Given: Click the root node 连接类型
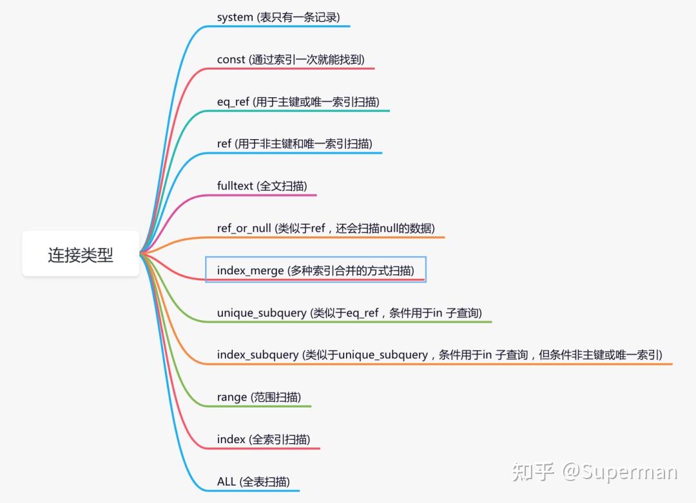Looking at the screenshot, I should click(81, 254).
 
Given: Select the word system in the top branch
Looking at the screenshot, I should click(235, 17).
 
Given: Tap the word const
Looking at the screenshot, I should click(231, 60).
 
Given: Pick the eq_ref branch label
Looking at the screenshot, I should click(233, 102).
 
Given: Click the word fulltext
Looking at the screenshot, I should click(235, 186).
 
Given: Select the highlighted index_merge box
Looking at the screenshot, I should click(315, 270).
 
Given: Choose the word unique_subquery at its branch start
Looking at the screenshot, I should click(262, 313).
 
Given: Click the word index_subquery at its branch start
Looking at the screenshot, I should click(258, 355).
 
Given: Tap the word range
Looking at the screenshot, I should click(232, 397).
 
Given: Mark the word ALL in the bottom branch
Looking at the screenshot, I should click(227, 482).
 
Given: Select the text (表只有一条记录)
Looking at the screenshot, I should click(298, 17).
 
